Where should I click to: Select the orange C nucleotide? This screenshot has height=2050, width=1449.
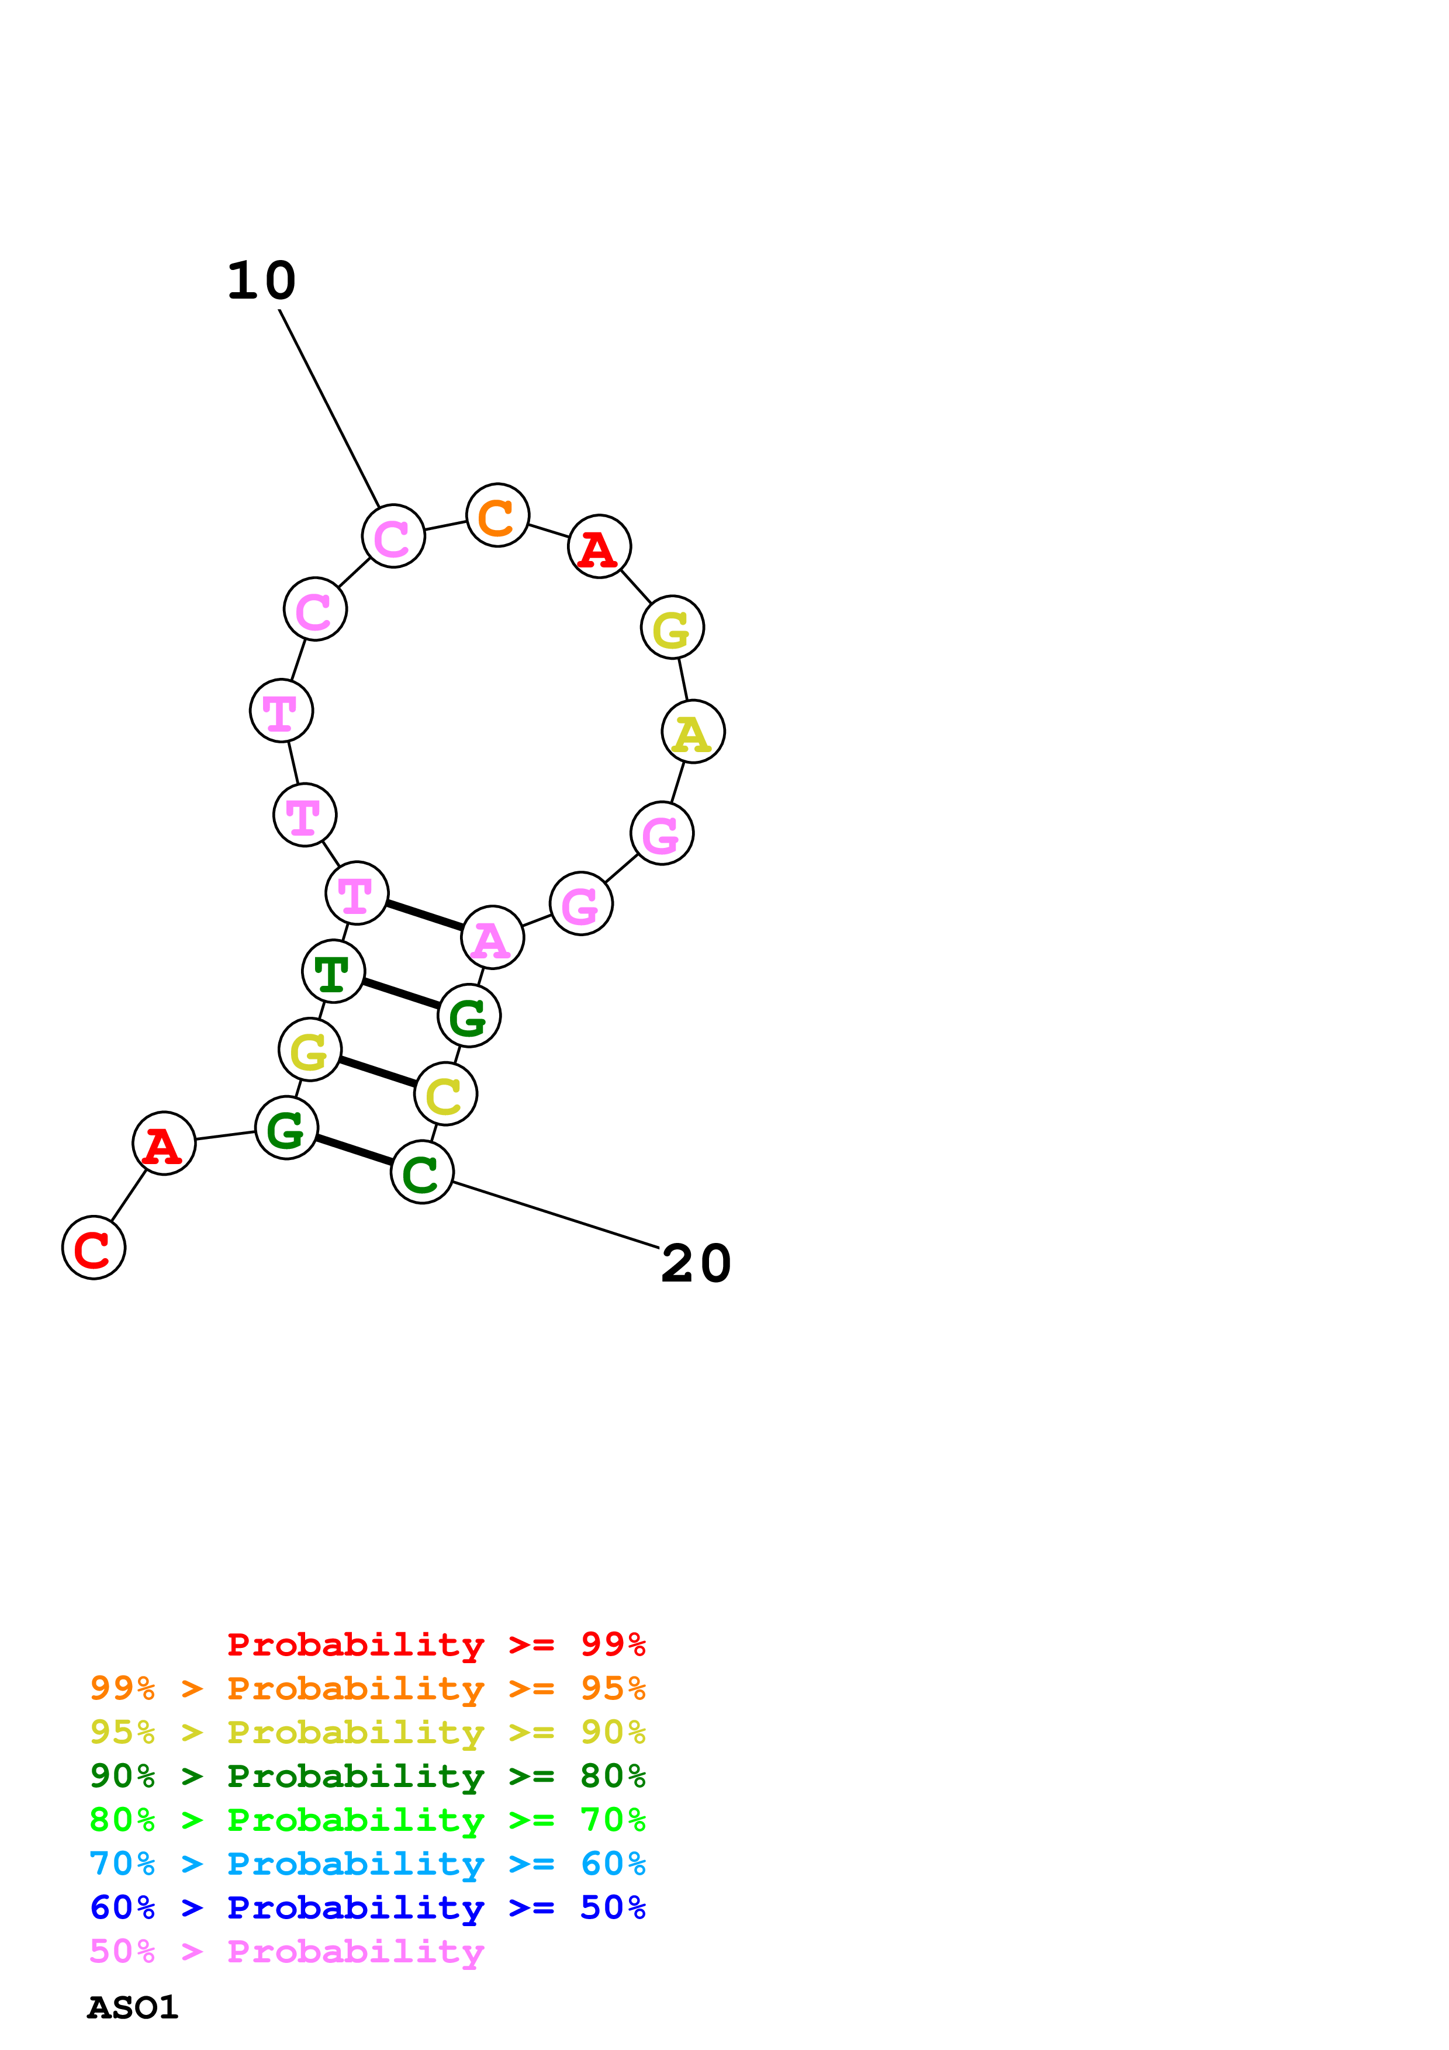tap(497, 515)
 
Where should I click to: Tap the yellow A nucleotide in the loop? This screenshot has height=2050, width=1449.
tap(693, 732)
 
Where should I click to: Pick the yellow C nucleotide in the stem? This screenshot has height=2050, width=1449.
tap(445, 1094)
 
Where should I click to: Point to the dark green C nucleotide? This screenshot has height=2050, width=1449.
tap(421, 1172)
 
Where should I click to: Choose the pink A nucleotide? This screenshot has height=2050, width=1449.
tap(492, 937)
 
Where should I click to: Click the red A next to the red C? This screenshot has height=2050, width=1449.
tap(164, 1143)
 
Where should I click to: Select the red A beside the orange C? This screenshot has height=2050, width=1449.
tap(599, 546)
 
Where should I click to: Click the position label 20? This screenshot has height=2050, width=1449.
tap(696, 1263)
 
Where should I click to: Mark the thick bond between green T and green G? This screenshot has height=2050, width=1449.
tap(401, 994)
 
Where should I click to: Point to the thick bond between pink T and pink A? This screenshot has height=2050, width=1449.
tap(424, 915)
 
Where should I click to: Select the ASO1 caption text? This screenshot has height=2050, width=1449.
tap(132, 2007)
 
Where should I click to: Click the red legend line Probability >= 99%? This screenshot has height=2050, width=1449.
tap(435, 1644)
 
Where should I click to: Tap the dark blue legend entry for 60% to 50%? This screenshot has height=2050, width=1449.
tap(367, 1907)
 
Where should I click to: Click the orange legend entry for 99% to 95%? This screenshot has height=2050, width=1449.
tap(367, 1688)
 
